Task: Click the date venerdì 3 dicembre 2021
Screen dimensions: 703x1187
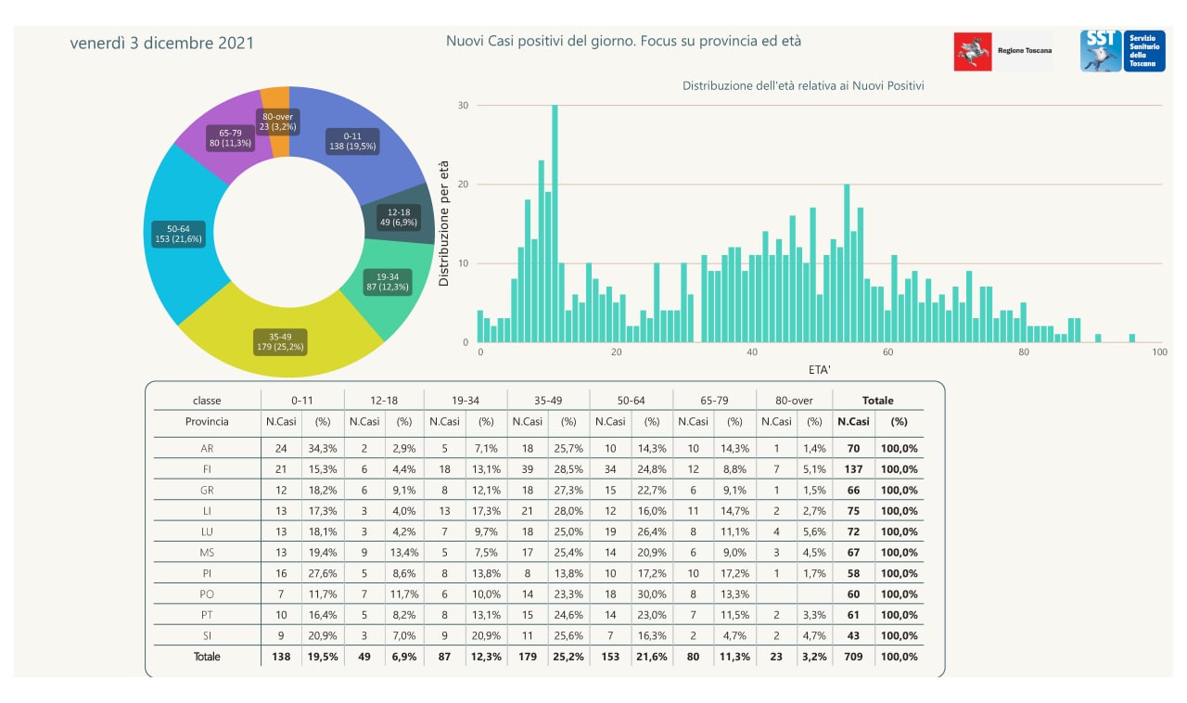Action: click(162, 43)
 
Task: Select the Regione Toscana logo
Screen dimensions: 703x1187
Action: click(1003, 51)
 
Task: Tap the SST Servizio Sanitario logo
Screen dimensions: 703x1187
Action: click(1122, 51)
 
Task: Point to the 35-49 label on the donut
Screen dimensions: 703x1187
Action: click(281, 341)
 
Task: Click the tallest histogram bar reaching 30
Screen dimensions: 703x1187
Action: click(555, 223)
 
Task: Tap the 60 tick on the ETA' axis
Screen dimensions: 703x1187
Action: click(887, 352)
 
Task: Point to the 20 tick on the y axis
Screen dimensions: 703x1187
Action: click(464, 185)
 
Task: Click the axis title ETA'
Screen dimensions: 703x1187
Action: click(819, 369)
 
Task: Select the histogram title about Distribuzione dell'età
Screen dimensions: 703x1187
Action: click(803, 85)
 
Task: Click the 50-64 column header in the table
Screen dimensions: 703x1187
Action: click(631, 401)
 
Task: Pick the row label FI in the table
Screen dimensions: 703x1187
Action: click(207, 469)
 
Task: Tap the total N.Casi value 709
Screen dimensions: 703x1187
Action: click(853, 657)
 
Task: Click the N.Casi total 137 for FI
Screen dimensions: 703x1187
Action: click(853, 469)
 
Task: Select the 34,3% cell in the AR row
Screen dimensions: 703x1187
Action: click(324, 449)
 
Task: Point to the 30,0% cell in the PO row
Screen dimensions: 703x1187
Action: click(652, 594)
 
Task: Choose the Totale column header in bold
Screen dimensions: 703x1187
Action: click(877, 401)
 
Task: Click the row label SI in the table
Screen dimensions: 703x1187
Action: click(207, 635)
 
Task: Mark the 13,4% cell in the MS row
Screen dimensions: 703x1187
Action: click(404, 553)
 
